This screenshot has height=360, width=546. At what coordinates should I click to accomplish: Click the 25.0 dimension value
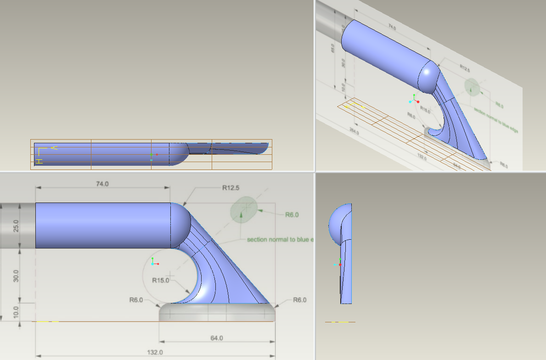pyautogui.click(x=16, y=226)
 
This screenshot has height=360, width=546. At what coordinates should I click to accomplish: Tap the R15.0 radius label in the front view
pyautogui.click(x=161, y=280)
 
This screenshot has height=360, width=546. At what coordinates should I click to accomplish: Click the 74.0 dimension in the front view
pyautogui.click(x=102, y=184)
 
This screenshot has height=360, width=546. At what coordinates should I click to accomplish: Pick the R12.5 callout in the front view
pyautogui.click(x=231, y=187)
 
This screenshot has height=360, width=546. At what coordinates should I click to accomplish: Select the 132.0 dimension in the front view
pyautogui.click(x=155, y=352)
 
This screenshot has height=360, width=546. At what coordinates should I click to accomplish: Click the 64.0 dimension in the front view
pyautogui.click(x=217, y=338)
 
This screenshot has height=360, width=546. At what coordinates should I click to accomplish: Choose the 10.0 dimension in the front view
pyautogui.click(x=16, y=311)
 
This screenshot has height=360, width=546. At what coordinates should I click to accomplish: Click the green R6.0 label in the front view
pyautogui.click(x=292, y=214)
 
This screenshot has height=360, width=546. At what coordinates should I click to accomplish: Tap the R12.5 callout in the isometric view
pyautogui.click(x=465, y=67)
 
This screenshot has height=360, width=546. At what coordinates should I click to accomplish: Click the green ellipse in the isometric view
pyautogui.click(x=472, y=86)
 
